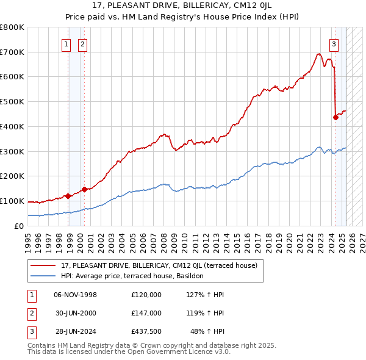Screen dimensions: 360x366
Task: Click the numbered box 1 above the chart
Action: coord(65,43)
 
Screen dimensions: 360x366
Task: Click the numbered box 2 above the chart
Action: coord(82,43)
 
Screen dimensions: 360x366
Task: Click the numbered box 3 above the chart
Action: coord(334,43)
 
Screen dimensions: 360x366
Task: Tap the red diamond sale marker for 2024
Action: coord(335,117)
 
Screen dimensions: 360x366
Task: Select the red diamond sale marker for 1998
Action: coord(68,196)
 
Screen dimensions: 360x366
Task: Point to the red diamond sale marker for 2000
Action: coord(85,189)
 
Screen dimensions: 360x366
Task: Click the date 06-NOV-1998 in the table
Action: coord(76,295)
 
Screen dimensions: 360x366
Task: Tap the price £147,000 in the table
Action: coord(146,313)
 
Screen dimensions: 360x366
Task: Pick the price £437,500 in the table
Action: coord(146,331)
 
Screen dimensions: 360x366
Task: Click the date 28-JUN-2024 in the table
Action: coord(76,331)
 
